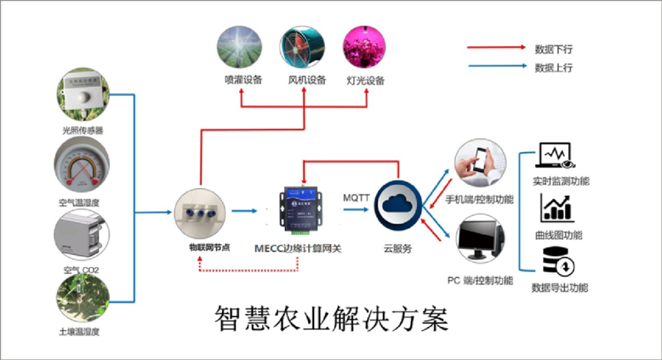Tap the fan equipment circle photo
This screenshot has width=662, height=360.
tap(302, 47)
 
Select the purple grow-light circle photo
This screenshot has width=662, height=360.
tap(365, 47)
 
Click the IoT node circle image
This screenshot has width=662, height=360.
tap(201, 213)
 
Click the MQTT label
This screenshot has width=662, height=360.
tap(357, 198)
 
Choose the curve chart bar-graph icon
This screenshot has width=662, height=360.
tap(557, 208)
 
